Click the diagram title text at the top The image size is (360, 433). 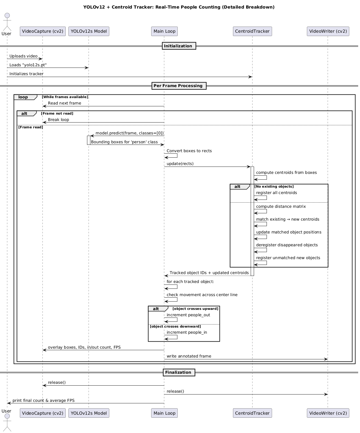coord(179,7)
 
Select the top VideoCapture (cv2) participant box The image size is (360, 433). coord(42,31)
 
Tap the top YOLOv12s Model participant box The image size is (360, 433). coord(89,31)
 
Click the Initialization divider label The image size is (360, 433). coord(179,46)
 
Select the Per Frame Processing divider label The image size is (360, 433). coord(179,86)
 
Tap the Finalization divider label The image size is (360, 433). coord(179,372)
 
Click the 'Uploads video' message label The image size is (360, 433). coord(24,56)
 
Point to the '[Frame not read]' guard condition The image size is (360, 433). coord(57,114)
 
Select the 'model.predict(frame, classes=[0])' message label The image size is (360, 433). coord(129,133)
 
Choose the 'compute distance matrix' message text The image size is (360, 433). coord(281,207)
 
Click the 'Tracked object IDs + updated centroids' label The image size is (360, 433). coord(209,273)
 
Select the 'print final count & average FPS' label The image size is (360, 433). coord(43,400)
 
